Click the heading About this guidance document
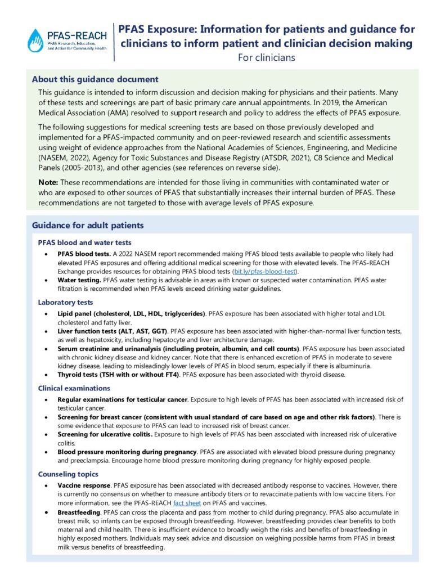pos(95,79)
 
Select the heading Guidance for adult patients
pos(88,226)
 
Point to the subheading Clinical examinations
pos(74,388)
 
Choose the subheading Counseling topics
pos(68,474)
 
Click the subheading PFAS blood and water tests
pos(84,243)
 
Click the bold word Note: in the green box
pos(48,183)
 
